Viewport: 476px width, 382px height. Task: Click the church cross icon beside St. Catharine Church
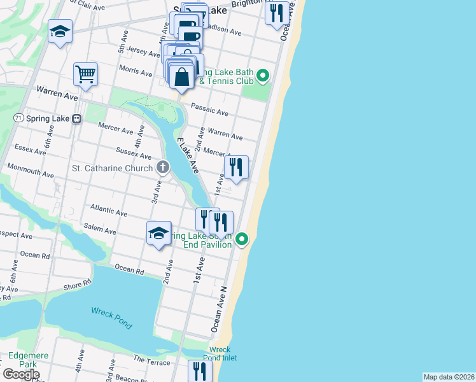(163, 168)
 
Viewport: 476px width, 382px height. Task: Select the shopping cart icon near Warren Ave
(85, 73)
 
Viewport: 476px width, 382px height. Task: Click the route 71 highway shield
(18, 118)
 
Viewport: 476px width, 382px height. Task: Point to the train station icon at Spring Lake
(77, 118)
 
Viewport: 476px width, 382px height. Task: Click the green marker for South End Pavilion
(242, 239)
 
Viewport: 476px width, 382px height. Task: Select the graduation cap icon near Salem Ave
(158, 232)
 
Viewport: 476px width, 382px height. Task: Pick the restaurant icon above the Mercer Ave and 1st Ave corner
(235, 167)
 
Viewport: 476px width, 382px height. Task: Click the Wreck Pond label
(111, 318)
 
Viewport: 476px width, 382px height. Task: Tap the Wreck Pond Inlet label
(220, 354)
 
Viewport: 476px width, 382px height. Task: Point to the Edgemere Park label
(22, 360)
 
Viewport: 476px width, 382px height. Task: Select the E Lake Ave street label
(188, 156)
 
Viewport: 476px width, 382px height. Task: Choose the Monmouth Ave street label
(30, 170)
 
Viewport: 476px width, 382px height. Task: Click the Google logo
(20, 374)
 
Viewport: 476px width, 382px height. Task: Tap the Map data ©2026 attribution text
(449, 377)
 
